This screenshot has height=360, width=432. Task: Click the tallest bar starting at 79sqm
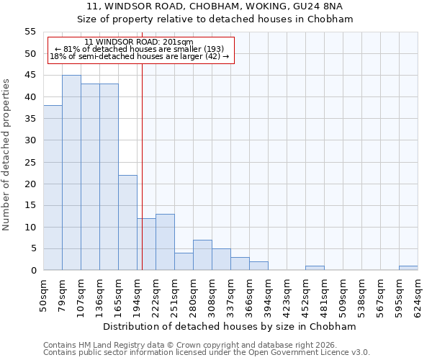tap(71, 173)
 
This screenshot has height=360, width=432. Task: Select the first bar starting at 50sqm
tap(53, 188)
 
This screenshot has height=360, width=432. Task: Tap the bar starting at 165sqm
tap(127, 222)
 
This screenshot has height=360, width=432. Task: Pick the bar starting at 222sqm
tap(165, 242)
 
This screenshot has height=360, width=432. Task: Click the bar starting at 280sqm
tap(202, 255)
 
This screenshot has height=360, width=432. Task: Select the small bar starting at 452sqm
tap(315, 268)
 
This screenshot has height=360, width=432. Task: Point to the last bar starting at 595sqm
tap(408, 268)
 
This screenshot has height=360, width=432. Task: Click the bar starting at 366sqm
tap(258, 266)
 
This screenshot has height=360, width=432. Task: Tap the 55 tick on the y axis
tap(30, 32)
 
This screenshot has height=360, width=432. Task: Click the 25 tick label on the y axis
tap(30, 162)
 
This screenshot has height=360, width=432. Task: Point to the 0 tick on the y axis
tap(33, 271)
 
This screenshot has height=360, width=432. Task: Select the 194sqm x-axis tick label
tap(138, 294)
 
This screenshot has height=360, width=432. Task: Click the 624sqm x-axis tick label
tap(418, 294)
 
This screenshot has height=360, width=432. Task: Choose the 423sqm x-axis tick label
tap(287, 294)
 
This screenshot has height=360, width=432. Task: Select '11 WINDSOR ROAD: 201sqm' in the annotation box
tap(139, 42)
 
